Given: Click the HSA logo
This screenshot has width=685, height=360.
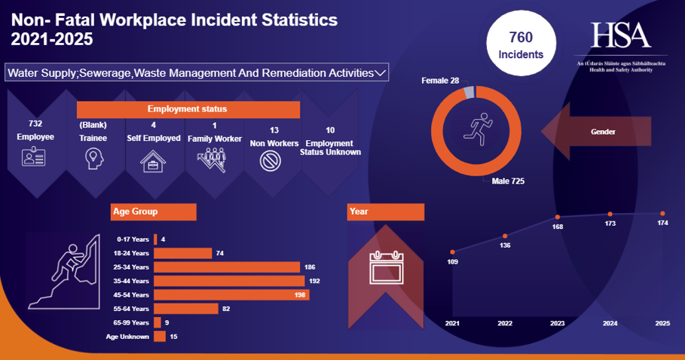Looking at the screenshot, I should click(x=620, y=36).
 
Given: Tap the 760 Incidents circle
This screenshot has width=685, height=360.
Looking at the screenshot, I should click(x=521, y=45).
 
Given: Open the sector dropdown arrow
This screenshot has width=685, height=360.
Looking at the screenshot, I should click(x=381, y=73).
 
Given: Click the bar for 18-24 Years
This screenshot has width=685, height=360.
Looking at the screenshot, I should click(x=183, y=253).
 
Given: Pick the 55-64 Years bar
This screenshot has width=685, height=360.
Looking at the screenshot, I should click(x=186, y=308).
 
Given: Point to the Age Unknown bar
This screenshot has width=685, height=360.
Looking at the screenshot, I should click(x=160, y=336).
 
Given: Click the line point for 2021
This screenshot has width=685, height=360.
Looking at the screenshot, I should click(x=452, y=252).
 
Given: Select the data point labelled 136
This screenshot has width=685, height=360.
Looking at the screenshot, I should click(x=505, y=236).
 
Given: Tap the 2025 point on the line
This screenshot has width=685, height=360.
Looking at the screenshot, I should click(x=662, y=214).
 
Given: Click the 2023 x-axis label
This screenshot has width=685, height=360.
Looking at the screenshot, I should click(x=558, y=322).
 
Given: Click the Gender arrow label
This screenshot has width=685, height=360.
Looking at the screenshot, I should click(x=603, y=132).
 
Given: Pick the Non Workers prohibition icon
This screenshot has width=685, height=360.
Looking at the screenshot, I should click(x=271, y=160).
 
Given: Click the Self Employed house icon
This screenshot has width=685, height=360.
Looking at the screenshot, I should click(x=153, y=159).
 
